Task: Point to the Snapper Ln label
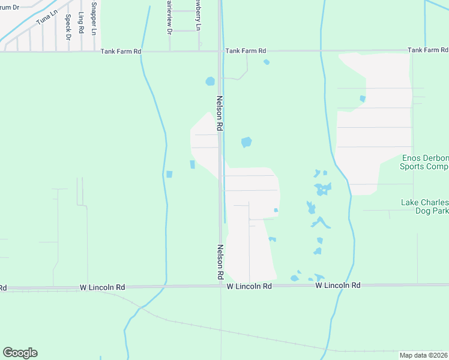pyautogui.click(x=94, y=19)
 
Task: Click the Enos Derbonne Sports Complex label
pyautogui.click(x=424, y=162)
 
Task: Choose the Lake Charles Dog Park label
pyautogui.click(x=424, y=207)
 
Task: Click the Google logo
pyautogui.click(x=20, y=353)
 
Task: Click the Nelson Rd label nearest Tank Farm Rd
pyautogui.click(x=220, y=113)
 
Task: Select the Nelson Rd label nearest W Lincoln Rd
pyautogui.click(x=220, y=262)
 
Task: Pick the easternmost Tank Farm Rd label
pyautogui.click(x=427, y=50)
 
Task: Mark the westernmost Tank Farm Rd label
pyautogui.click(x=121, y=52)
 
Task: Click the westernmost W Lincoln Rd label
pyautogui.click(x=102, y=288)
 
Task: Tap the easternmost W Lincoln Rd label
pyautogui.click(x=338, y=286)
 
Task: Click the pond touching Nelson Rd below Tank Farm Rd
pyautogui.click(x=210, y=81)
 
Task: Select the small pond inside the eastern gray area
pyautogui.click(x=363, y=98)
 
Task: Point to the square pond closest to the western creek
pyautogui.click(x=169, y=175)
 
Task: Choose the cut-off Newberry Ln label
pyautogui.click(x=197, y=13)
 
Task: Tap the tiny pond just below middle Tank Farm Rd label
pyautogui.click(x=267, y=62)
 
